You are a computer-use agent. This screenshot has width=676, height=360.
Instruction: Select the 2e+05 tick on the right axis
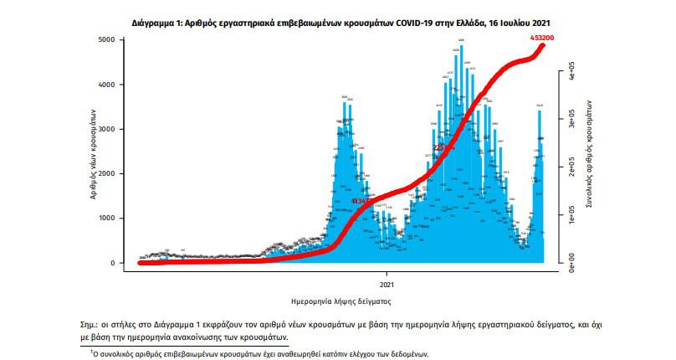click(570, 167)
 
